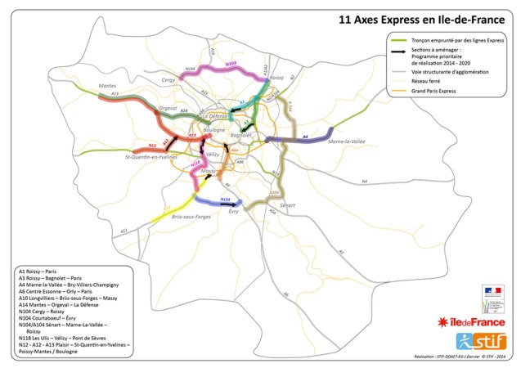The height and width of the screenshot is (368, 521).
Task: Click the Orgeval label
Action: coord(168,108)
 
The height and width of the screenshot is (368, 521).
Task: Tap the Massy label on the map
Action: coord(209,171)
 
